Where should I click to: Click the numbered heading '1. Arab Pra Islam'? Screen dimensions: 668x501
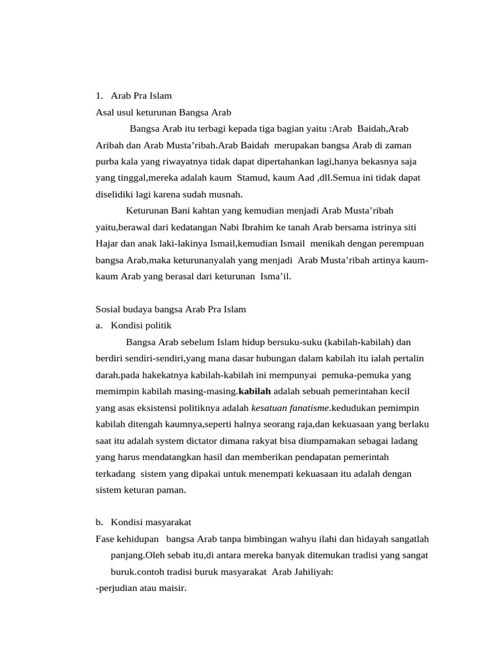134,95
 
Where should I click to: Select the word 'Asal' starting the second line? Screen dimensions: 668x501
104,112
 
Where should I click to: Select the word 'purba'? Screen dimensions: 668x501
106,161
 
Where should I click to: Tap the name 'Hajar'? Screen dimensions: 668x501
107,243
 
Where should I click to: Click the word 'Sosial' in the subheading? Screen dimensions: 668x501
108,309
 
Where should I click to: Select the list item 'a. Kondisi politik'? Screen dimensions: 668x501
134,325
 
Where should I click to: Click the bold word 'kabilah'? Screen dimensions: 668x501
254,391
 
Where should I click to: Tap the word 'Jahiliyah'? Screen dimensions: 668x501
311,571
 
